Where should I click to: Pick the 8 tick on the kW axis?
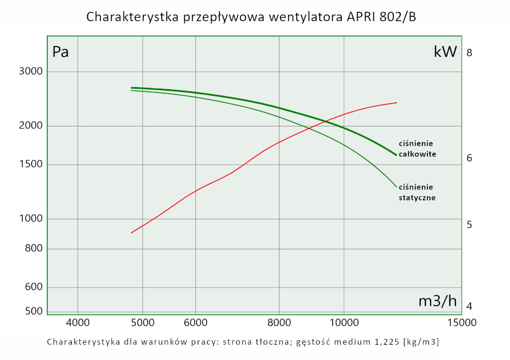coord(470,53)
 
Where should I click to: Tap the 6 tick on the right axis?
coord(470,158)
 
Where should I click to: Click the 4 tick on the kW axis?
coord(470,306)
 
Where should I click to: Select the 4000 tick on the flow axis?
coord(78,322)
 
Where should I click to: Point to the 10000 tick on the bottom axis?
coord(344,322)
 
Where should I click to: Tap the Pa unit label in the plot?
coord(61,52)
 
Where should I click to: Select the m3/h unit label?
coord(438,301)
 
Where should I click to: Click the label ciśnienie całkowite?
coord(417,148)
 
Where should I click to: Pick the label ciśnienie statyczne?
coord(417,192)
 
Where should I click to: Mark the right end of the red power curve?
coord(397,102)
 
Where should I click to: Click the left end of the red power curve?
coord(132,233)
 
